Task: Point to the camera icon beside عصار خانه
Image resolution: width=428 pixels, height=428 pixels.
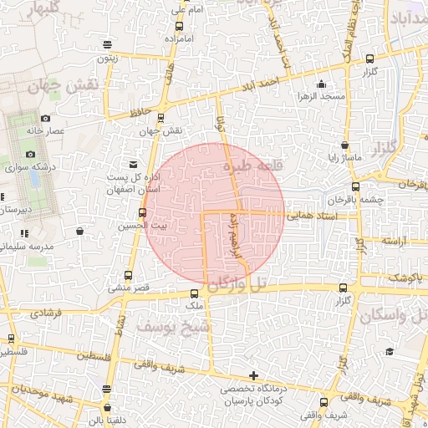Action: pyautogui.click(x=44, y=119)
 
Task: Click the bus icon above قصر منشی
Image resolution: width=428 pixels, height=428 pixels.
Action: pyautogui.click(x=127, y=275)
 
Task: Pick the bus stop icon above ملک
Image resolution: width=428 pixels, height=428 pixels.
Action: pyautogui.click(x=194, y=293)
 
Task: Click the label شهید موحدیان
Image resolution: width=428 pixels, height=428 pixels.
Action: pyautogui.click(x=31, y=390)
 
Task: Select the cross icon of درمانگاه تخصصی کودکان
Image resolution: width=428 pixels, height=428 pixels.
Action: pyautogui.click(x=253, y=375)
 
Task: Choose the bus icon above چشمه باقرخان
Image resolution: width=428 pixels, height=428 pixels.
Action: pyautogui.click(x=355, y=186)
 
